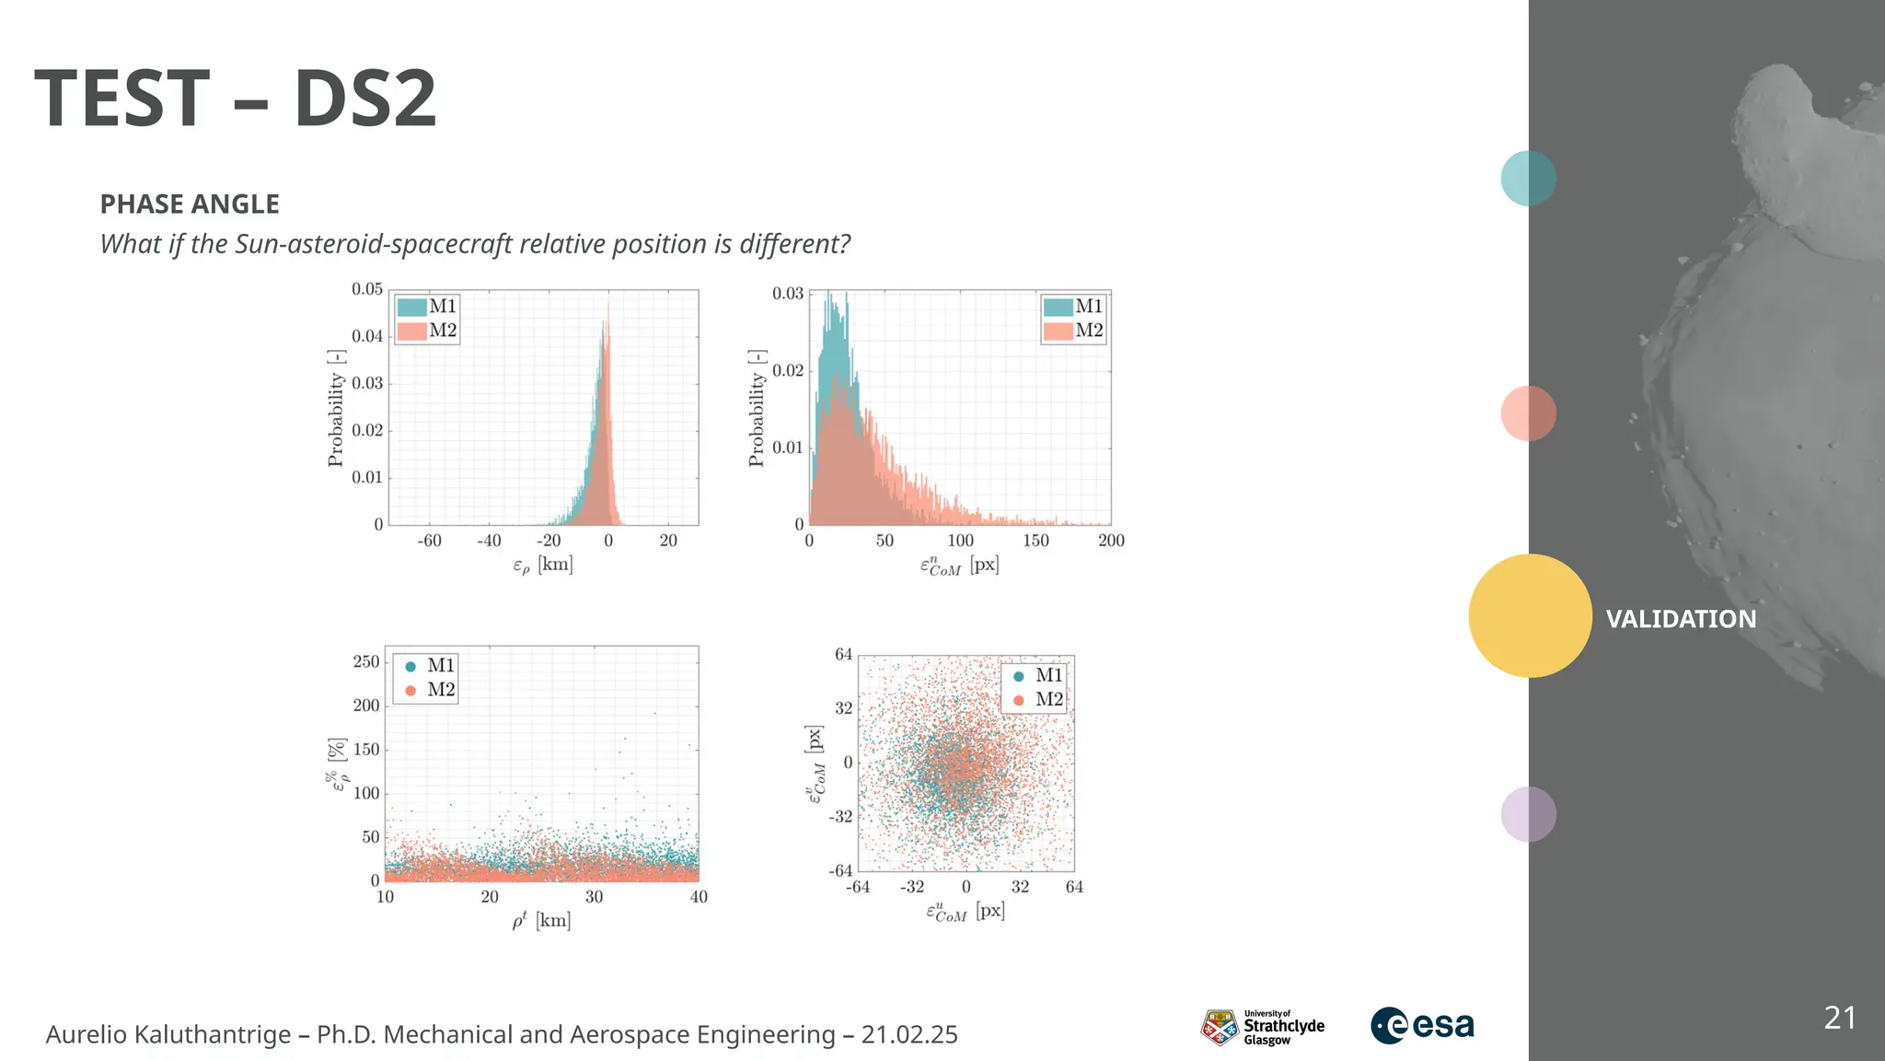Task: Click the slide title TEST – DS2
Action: click(236, 99)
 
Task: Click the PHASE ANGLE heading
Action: click(190, 204)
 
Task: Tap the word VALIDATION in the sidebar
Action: click(1681, 619)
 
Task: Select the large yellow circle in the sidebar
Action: click(1530, 615)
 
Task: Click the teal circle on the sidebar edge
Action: click(1528, 178)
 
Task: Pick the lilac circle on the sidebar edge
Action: click(1528, 813)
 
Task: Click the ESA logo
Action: click(1422, 1025)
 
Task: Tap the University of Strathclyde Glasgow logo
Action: click(1263, 1026)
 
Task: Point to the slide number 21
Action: click(1839, 1018)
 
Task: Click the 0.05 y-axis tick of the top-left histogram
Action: click(367, 289)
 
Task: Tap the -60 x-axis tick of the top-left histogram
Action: click(429, 541)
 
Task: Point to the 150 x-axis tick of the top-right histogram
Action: click(1035, 541)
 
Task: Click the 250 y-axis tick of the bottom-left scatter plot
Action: click(366, 661)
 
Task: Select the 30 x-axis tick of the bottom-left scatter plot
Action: click(594, 897)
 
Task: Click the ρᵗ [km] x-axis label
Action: click(541, 920)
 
